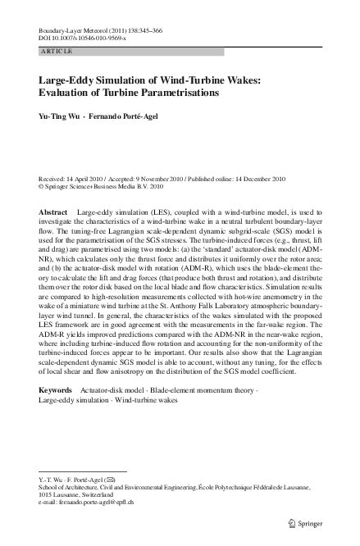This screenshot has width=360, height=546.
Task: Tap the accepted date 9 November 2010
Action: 167,178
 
